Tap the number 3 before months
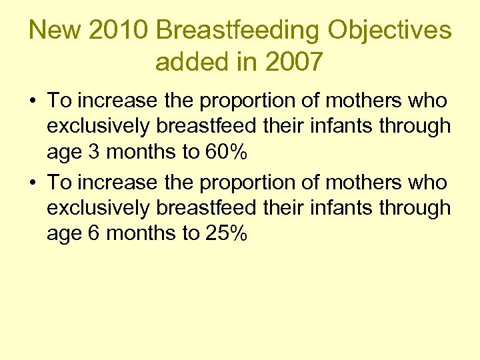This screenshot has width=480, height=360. click(x=94, y=153)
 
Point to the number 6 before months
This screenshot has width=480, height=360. click(x=94, y=233)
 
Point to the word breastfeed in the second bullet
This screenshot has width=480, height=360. click(x=206, y=207)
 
